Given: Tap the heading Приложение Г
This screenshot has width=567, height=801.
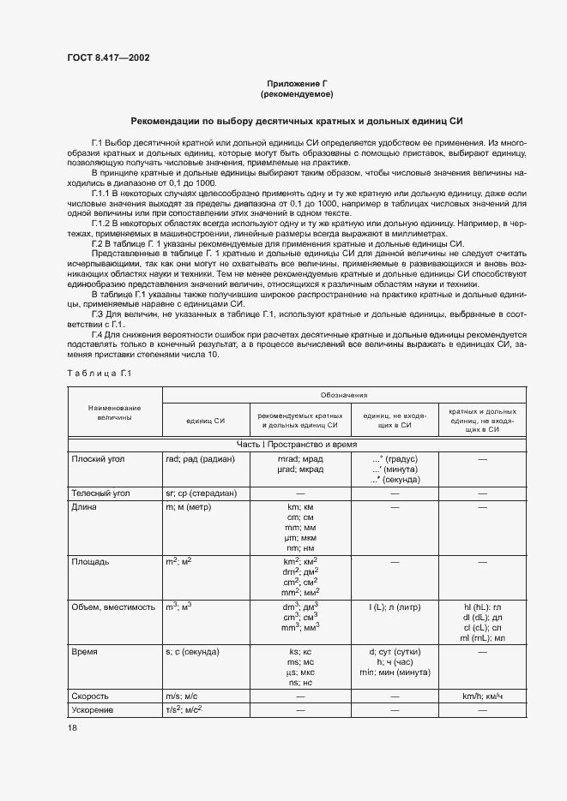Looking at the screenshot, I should [x=297, y=82].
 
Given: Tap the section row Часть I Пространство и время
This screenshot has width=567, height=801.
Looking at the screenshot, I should [x=297, y=444].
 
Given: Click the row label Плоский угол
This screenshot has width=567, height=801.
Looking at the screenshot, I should [x=99, y=459].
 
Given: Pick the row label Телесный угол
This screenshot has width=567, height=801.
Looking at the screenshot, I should [x=101, y=494].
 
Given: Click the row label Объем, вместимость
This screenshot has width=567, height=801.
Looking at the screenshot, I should [x=114, y=607].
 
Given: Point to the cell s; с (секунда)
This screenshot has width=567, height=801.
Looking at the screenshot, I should [x=193, y=652].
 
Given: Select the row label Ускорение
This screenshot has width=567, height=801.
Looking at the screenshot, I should [x=93, y=711].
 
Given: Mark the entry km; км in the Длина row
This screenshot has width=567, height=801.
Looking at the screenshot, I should [x=300, y=508].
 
